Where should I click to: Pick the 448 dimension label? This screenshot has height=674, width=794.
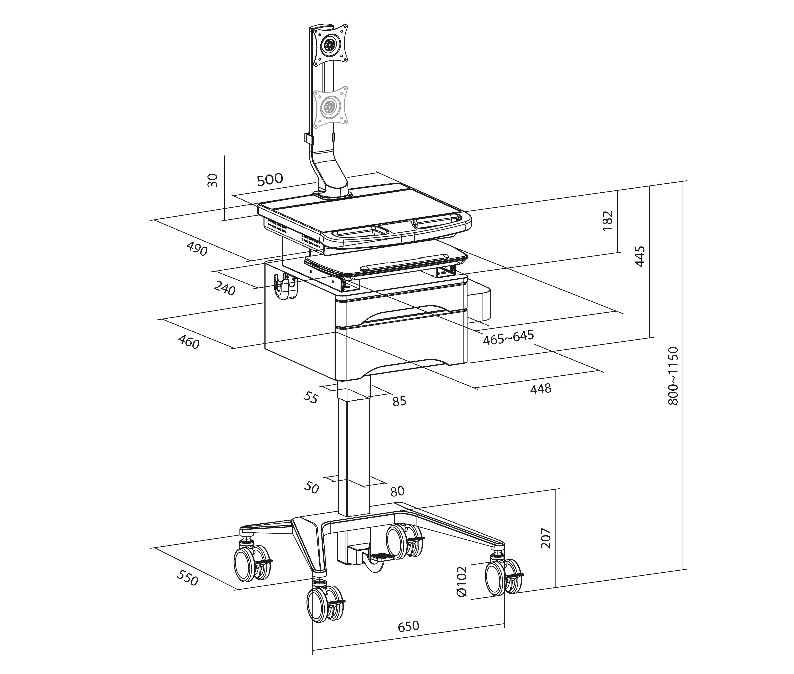(x=541, y=389)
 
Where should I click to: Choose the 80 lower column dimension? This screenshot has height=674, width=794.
(x=397, y=491)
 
